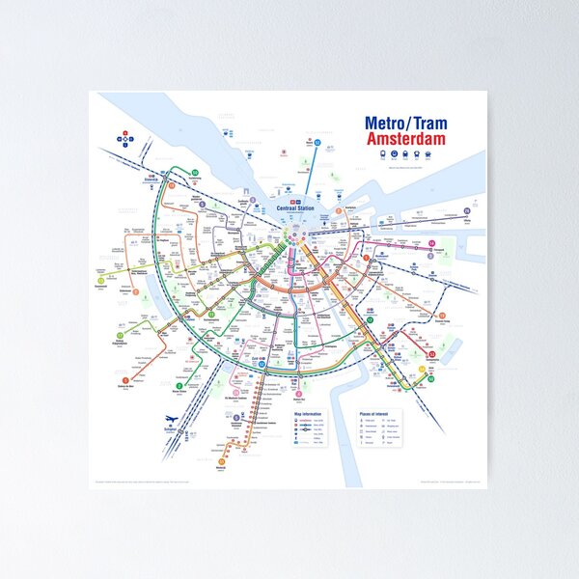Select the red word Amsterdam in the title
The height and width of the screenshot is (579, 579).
click(406, 141)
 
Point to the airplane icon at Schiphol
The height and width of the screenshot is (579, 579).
click(170, 419)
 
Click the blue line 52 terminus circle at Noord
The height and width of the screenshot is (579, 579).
click(316, 142)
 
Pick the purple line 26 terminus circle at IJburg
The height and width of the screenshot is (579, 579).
click(467, 210)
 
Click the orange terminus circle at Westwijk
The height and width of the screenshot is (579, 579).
click(221, 462)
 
